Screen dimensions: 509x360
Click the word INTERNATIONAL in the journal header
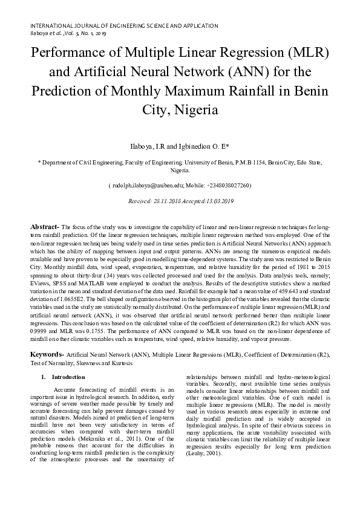[x=49, y=27]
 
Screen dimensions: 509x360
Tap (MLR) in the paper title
[x=306, y=53]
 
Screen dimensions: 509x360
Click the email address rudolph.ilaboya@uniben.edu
[x=144, y=186]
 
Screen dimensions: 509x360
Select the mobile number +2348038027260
[x=227, y=186]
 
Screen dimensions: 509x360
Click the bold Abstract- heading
[x=45, y=225]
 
